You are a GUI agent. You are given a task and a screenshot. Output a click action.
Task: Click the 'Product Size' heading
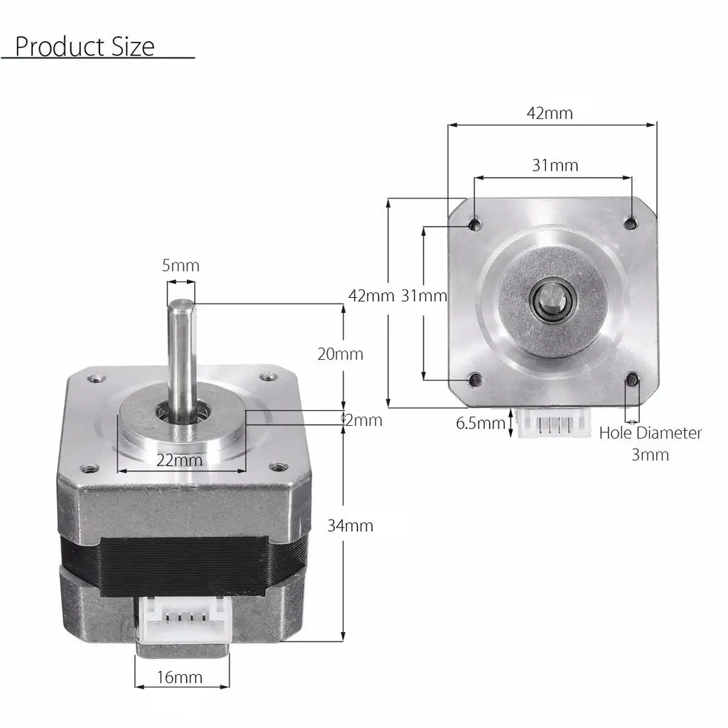(x=85, y=46)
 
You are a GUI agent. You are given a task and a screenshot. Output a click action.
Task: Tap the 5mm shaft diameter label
(x=181, y=266)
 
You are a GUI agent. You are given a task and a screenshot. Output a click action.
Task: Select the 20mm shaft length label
(x=341, y=354)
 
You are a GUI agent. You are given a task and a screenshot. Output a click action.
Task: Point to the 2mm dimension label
(x=364, y=420)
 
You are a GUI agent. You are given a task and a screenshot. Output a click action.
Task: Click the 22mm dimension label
(x=179, y=460)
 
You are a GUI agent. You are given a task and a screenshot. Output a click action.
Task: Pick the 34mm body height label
(x=350, y=525)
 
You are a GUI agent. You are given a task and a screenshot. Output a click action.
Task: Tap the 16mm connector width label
(x=180, y=678)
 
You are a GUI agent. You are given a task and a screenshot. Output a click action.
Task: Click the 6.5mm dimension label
(x=481, y=423)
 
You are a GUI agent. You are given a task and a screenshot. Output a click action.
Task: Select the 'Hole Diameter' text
(x=650, y=433)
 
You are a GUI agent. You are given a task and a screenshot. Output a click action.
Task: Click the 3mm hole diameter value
(x=650, y=454)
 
